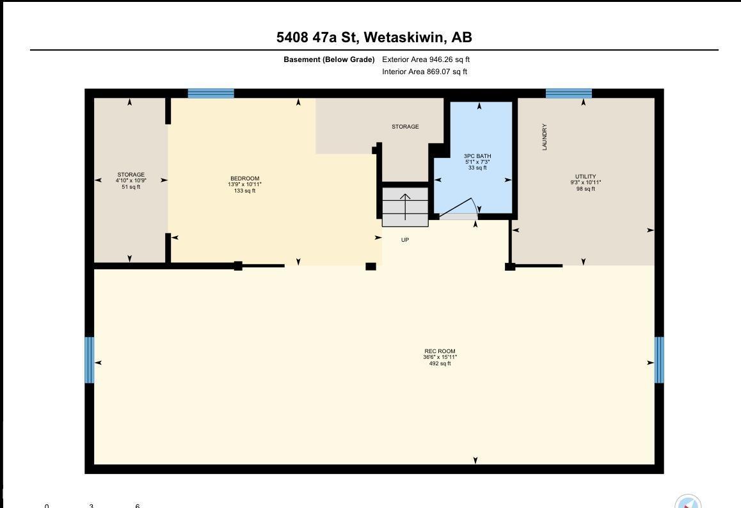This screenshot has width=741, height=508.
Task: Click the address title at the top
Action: point(374,37)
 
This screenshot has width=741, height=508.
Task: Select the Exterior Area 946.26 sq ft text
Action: point(426,60)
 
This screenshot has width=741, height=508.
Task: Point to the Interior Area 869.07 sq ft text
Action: point(424,72)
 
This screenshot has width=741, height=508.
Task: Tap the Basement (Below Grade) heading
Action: point(329,60)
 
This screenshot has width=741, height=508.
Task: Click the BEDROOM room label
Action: point(245,179)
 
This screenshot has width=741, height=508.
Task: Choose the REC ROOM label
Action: point(440,351)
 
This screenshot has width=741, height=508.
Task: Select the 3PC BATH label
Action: point(477,156)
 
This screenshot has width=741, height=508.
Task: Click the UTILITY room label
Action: point(586,176)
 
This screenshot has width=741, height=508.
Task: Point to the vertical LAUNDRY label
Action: point(545,137)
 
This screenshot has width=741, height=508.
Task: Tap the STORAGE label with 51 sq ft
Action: point(131,175)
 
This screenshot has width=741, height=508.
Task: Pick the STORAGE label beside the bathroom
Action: point(405,127)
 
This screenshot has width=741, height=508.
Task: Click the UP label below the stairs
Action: point(405,240)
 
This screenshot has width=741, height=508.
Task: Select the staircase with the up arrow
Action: point(405,207)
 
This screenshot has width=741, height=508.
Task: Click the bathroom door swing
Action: point(459,209)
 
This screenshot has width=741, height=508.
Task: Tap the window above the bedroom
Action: point(211,93)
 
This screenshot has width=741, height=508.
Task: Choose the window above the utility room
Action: point(568,93)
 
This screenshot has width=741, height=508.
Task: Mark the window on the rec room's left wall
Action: point(90,360)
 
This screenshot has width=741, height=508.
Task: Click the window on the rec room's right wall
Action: point(659,360)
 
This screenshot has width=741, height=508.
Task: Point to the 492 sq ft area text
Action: point(440,363)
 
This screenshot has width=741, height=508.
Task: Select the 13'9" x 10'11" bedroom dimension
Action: point(245,184)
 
